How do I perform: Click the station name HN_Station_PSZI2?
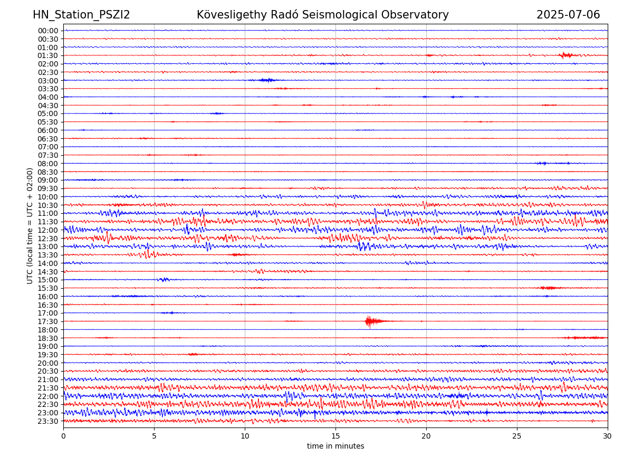[x=81, y=15]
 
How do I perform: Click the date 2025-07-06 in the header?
[x=568, y=15]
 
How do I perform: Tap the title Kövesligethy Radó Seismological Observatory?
[x=322, y=15]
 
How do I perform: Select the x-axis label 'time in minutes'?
[x=335, y=446]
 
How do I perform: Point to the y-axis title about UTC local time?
[x=30, y=226]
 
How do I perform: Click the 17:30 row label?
[x=48, y=321]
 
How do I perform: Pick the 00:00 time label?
[x=48, y=31]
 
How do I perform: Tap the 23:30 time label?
[x=48, y=421]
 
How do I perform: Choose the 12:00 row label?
[x=48, y=230]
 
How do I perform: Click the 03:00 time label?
[x=48, y=80]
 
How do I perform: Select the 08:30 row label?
[x=48, y=172]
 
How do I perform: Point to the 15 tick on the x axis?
[x=335, y=436]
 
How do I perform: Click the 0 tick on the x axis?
[x=63, y=436]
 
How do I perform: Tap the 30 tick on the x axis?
[x=608, y=436]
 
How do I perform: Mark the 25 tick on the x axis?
[x=517, y=436]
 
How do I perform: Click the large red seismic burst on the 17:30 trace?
[x=371, y=321]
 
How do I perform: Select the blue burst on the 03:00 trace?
[x=267, y=80]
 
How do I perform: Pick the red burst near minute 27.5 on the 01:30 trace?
[x=566, y=55]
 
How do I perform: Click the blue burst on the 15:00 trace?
[x=164, y=279]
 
